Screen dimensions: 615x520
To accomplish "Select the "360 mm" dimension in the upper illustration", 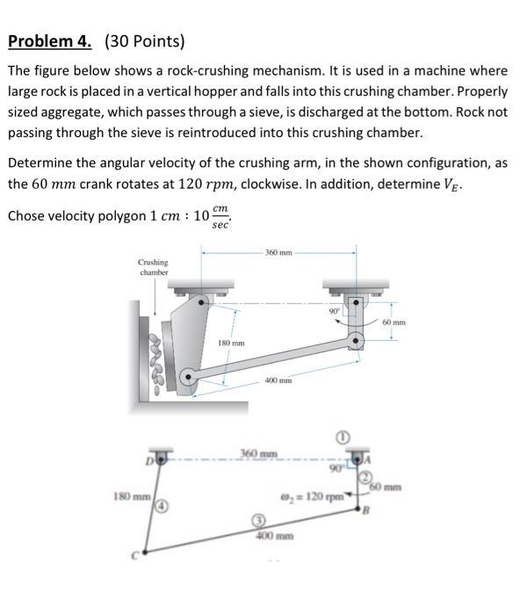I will [278, 253].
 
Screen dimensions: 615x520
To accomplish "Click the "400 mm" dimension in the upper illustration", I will [278, 380].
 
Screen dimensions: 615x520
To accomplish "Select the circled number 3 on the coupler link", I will [259, 522].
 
